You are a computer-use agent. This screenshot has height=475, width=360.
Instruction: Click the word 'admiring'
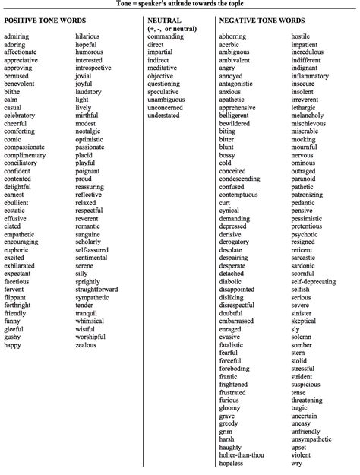[17, 36]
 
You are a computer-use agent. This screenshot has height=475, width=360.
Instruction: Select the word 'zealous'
[86, 345]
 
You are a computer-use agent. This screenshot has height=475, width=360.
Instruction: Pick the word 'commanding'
[166, 36]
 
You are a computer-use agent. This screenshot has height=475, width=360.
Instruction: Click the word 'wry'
[296, 463]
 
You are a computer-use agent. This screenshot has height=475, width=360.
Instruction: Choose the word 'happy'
[13, 345]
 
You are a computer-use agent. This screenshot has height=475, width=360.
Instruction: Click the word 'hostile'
[301, 36]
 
